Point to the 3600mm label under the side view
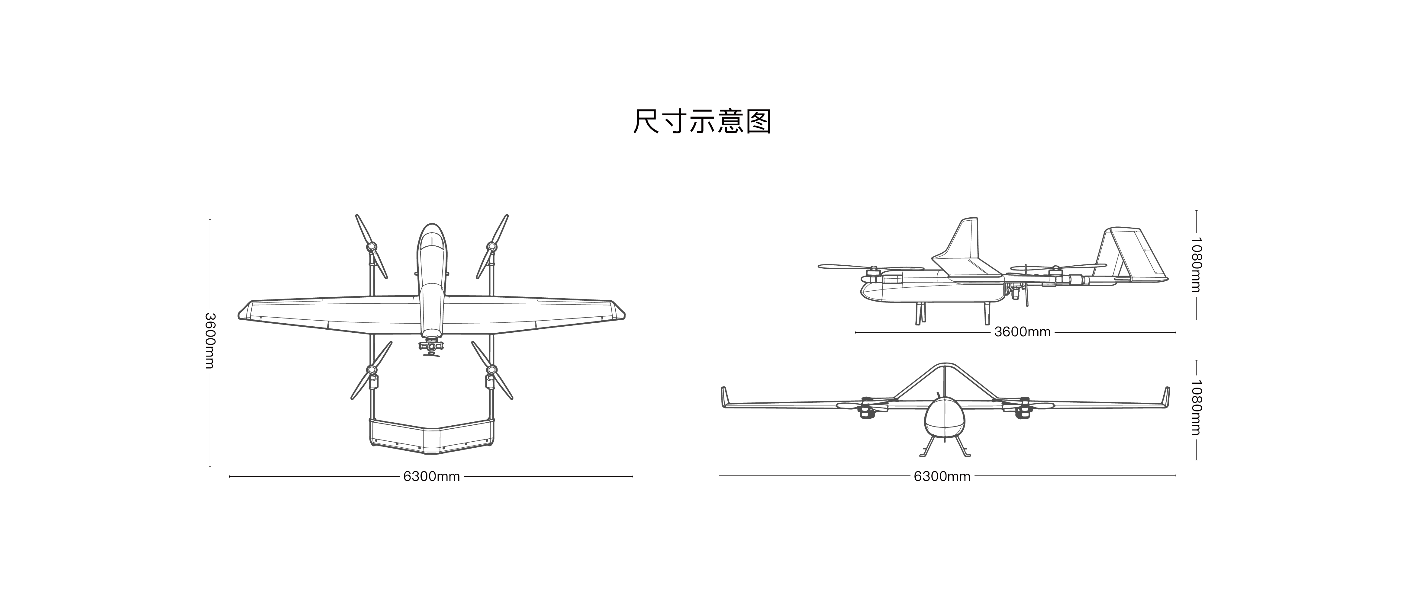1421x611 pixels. [1022, 332]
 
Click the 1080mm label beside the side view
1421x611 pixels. [1196, 265]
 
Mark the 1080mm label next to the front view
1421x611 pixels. [1196, 408]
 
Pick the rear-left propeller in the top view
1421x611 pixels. [371, 370]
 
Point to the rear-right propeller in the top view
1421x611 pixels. [492, 370]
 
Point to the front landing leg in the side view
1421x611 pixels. [920, 313]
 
